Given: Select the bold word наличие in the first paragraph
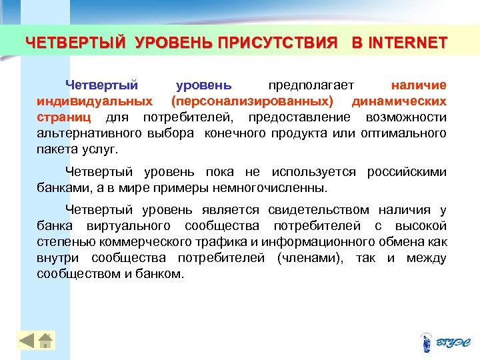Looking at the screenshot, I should click(x=419, y=85).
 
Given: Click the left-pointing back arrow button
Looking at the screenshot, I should click(x=25, y=341).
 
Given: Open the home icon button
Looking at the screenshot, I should click(x=45, y=341).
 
